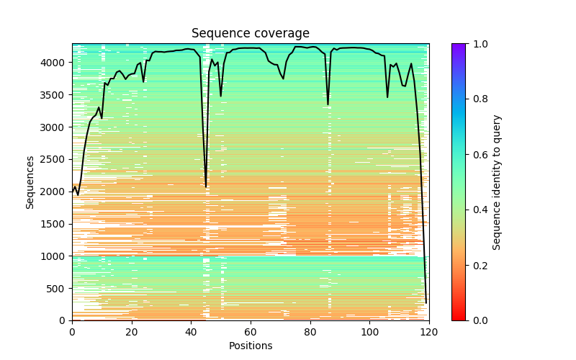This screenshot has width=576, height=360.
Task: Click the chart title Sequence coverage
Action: pyautogui.click(x=251, y=34)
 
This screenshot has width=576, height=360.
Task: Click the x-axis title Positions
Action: pyautogui.click(x=251, y=346)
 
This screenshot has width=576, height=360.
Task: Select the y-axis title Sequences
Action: pyautogui.click(x=30, y=181)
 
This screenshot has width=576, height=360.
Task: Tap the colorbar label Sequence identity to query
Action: pyautogui.click(x=497, y=182)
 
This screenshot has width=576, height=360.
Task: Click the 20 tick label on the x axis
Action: pyautogui.click(x=132, y=332)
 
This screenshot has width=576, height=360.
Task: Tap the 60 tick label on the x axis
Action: pyautogui.click(x=251, y=332)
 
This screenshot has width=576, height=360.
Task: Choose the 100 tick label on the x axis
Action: pyautogui.click(x=369, y=332)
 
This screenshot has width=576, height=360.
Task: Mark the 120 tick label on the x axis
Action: pyautogui.click(x=429, y=332)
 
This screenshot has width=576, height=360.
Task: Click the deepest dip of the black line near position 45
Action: pyautogui.click(x=206, y=187)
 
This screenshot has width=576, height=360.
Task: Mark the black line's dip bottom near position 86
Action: pyautogui.click(x=328, y=105)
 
